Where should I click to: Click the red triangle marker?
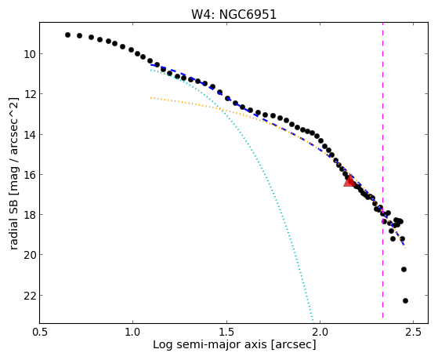tap(349, 181)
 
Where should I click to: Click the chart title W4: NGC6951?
tap(233, 14)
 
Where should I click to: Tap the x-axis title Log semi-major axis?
tap(209, 344)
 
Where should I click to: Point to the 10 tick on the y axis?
tap(30, 53)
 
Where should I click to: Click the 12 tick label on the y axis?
tap(30, 94)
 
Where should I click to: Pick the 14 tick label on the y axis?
tap(30, 135)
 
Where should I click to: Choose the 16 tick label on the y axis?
tap(30, 175)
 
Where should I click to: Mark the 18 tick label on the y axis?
tap(30, 215)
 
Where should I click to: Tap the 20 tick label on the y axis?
tap(30, 255)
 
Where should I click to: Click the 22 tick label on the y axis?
tap(30, 296)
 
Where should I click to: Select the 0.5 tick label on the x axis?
tap(40, 332)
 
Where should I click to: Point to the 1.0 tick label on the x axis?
tap(133, 332)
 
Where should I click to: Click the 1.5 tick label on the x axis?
tap(226, 332)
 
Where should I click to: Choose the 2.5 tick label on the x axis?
tap(414, 332)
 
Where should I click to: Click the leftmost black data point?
tap(67, 35)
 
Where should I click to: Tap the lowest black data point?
tap(405, 300)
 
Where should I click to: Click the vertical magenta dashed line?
tap(382, 170)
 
